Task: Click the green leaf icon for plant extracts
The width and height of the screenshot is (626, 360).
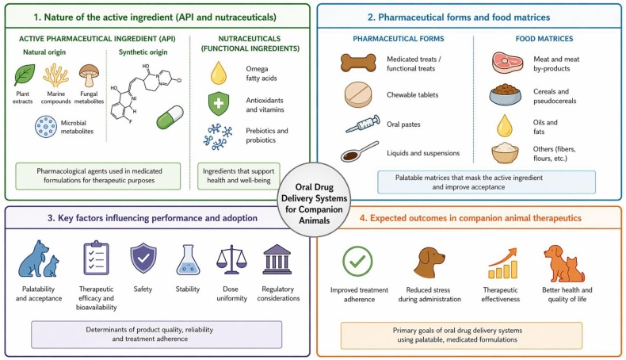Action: click(x=25, y=75)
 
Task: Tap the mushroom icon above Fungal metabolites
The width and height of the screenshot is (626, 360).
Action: click(x=89, y=75)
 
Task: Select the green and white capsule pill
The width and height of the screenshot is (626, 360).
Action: click(x=170, y=117)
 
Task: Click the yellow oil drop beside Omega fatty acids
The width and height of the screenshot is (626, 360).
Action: click(x=219, y=73)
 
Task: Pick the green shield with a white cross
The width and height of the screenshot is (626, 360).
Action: click(x=219, y=104)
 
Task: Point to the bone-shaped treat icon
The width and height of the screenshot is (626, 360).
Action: click(x=358, y=63)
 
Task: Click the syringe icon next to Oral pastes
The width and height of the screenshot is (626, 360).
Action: click(x=362, y=124)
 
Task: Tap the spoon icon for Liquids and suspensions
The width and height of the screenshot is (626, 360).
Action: click(x=359, y=151)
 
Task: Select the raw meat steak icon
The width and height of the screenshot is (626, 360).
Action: click(x=507, y=63)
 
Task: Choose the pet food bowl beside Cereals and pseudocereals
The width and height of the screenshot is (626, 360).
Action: click(x=506, y=94)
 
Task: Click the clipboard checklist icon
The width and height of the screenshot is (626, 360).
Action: click(x=96, y=258)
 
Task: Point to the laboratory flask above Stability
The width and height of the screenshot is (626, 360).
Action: click(x=188, y=260)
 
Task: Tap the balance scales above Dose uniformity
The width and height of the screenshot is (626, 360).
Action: click(x=231, y=260)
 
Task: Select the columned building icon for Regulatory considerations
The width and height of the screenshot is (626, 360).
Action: click(x=277, y=260)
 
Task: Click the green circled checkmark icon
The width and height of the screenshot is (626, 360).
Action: click(x=357, y=262)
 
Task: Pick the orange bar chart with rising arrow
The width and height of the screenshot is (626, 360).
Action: click(x=502, y=263)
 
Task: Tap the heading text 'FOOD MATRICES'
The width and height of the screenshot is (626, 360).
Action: click(x=544, y=39)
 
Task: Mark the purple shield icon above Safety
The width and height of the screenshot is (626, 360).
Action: click(x=143, y=259)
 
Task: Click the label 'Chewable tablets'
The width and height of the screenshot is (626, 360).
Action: click(x=412, y=95)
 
